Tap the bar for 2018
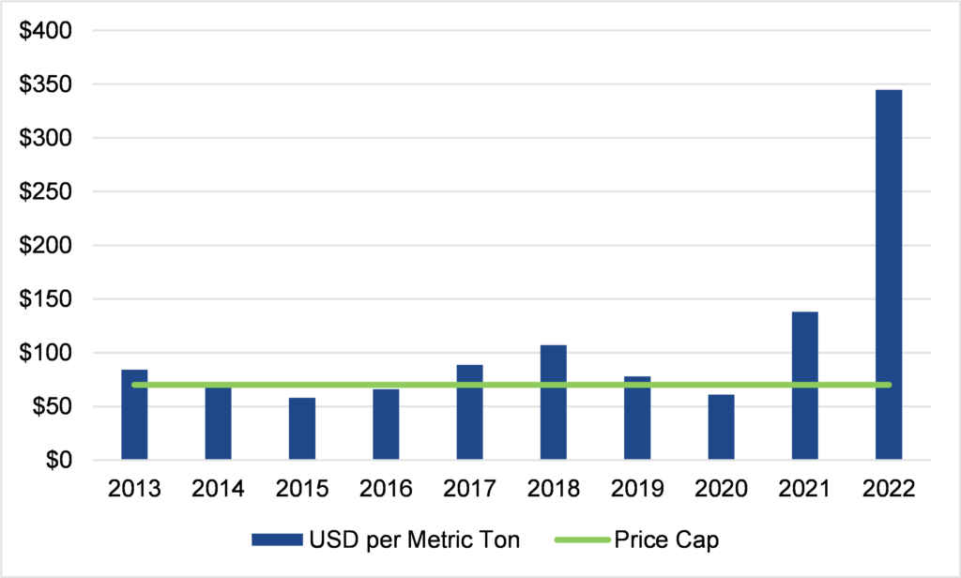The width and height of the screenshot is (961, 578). click(x=553, y=403)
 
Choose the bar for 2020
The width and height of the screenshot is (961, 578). click(x=721, y=427)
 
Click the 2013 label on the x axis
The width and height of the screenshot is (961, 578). click(x=134, y=489)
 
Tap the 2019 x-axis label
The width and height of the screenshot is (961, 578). click(x=637, y=489)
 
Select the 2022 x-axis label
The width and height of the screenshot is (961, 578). click(x=888, y=489)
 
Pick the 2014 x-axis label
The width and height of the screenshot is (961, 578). click(x=218, y=489)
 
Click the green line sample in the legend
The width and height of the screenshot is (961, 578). click(x=582, y=540)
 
